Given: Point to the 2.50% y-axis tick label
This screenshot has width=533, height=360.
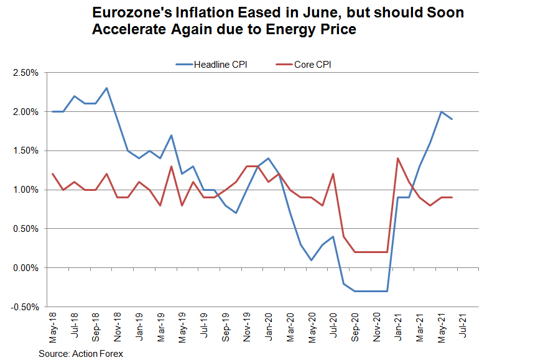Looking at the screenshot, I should point(25,73).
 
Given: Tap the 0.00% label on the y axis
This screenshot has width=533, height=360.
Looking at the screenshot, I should point(25,268).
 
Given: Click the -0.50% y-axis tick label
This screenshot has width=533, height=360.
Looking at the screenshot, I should point(24,307).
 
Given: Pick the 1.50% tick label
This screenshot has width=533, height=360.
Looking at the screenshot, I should point(25,151).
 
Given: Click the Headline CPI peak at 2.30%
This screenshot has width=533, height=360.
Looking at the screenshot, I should point(107,88).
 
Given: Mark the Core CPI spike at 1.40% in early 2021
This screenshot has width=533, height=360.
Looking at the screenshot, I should point(397,159).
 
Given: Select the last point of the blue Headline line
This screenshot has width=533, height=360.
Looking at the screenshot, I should point(452,119).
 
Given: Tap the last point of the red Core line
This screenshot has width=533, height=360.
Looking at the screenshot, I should point(452,197).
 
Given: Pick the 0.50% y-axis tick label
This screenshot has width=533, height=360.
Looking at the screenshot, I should point(25,229).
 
